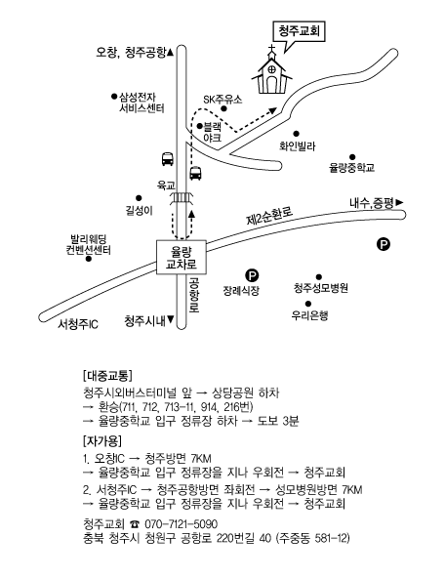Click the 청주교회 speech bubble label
point(299,31)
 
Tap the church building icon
point(271,75)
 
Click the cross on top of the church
point(271,50)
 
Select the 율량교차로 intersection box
point(182,258)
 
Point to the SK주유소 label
point(222,100)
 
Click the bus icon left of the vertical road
point(168,158)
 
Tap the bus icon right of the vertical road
point(195,173)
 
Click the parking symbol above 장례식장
point(252,275)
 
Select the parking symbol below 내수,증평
point(384,244)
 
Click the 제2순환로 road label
point(269,216)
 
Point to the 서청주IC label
point(78,324)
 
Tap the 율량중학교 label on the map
point(351,168)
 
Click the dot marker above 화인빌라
point(296,134)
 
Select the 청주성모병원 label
point(321,287)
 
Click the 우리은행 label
point(309,315)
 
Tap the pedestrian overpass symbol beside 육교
point(182,198)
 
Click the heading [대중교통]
point(107,376)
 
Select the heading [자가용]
point(102,440)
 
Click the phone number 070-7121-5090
point(181,523)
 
